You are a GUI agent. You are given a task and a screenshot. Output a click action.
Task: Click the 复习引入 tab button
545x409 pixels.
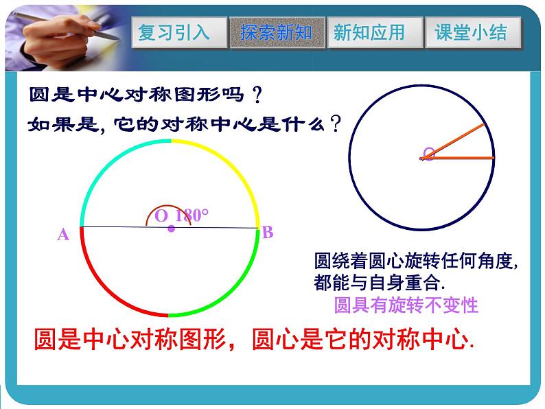(179, 32)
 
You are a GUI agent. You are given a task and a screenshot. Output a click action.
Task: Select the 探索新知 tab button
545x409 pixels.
(277, 32)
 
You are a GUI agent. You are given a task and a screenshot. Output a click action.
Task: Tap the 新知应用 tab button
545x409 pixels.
(375, 32)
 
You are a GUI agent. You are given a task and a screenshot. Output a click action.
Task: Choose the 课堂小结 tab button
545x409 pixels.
(473, 32)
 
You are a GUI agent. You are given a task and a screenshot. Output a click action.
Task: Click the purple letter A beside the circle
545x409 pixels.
(63, 235)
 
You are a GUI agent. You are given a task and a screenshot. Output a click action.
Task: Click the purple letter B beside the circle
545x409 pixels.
(268, 232)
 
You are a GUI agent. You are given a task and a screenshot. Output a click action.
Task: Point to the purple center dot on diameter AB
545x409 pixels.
(172, 229)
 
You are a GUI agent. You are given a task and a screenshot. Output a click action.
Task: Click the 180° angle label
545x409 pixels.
(192, 215)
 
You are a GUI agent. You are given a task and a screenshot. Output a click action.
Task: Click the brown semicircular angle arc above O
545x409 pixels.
(169, 205)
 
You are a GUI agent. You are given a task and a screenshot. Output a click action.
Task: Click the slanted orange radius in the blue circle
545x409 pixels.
(452, 141)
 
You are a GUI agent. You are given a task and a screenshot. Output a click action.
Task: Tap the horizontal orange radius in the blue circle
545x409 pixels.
(457, 158)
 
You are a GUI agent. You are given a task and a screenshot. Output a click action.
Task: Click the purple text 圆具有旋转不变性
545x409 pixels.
(406, 305)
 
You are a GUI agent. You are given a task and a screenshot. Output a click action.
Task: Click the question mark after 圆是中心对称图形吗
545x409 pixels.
(257, 95)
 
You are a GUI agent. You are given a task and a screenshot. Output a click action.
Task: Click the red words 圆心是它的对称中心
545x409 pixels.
(363, 339)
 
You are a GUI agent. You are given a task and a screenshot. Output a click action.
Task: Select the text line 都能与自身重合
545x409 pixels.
(379, 282)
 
